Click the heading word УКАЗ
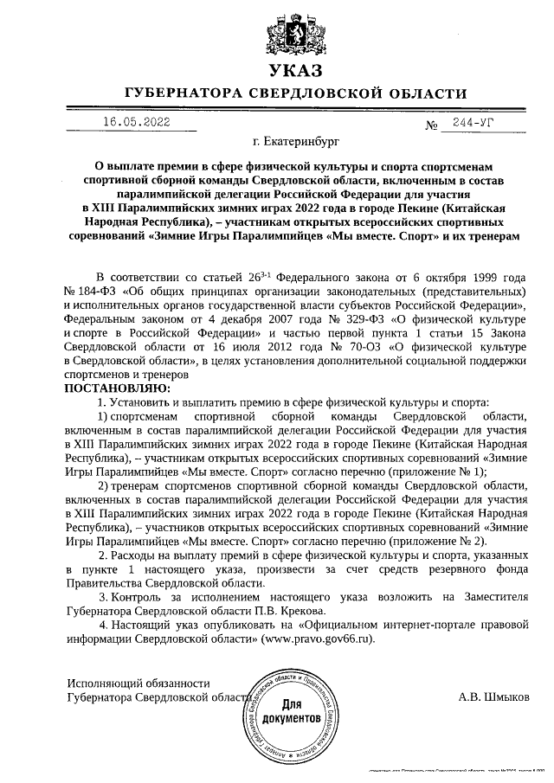pyautogui.click(x=294, y=69)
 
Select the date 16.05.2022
pyautogui.click(x=136, y=122)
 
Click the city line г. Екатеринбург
pyautogui.click(x=294, y=139)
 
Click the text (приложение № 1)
pyautogui.click(x=437, y=472)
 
